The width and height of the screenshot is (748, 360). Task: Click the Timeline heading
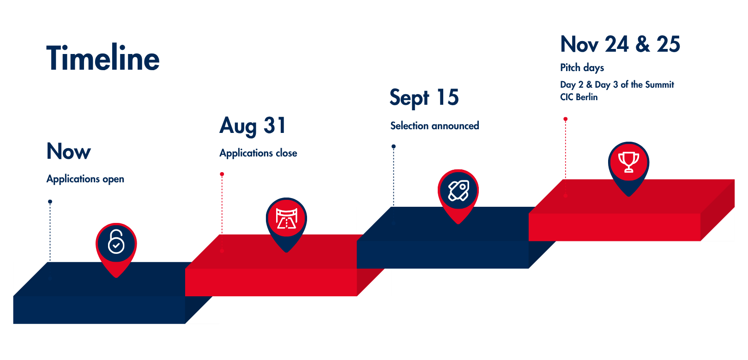[x=103, y=57]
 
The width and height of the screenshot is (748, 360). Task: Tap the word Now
[x=68, y=151]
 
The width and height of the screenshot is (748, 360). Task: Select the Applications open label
[x=85, y=179]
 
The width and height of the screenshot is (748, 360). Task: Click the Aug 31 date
[x=253, y=126]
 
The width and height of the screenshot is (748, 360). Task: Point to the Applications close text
[x=258, y=153]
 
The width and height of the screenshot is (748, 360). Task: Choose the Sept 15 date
[x=424, y=98]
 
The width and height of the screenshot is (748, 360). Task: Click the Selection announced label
[x=435, y=126]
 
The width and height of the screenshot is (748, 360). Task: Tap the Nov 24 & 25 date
[x=620, y=44]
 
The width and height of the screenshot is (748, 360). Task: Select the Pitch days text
[x=582, y=68]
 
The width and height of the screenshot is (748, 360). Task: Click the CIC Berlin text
[x=579, y=97]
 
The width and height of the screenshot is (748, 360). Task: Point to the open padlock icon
[x=116, y=242]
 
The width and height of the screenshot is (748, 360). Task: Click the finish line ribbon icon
[x=287, y=218]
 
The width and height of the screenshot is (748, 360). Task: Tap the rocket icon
[x=458, y=191]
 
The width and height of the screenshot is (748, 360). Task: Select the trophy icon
[x=629, y=162]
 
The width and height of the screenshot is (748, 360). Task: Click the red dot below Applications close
[x=222, y=174]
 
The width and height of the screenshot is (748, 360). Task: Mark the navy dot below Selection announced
[x=394, y=146]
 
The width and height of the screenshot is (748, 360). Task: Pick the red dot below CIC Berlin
[x=565, y=119]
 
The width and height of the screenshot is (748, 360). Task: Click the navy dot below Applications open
[x=50, y=202]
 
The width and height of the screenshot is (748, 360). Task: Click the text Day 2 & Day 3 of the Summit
[x=617, y=85]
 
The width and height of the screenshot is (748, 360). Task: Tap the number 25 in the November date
[x=668, y=44]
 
